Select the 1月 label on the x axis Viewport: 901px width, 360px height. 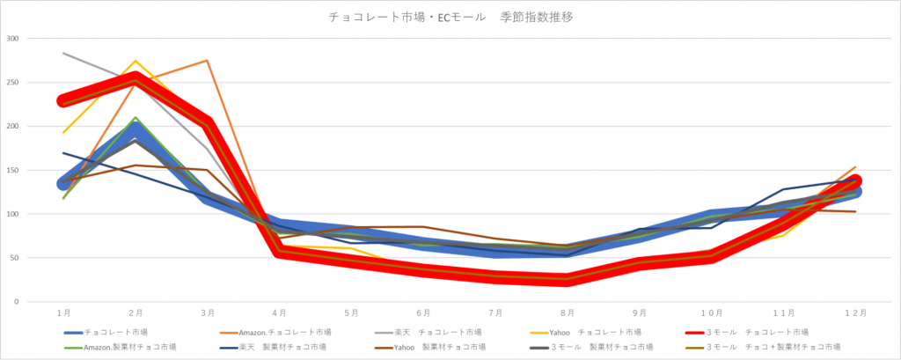pos(64,313)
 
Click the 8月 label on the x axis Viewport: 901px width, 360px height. pos(568,313)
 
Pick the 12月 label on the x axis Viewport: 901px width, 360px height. pos(855,313)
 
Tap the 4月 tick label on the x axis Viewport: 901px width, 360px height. pos(280,313)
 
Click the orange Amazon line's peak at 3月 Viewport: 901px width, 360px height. pos(208,61)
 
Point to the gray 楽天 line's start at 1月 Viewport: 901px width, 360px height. pos(64,54)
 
